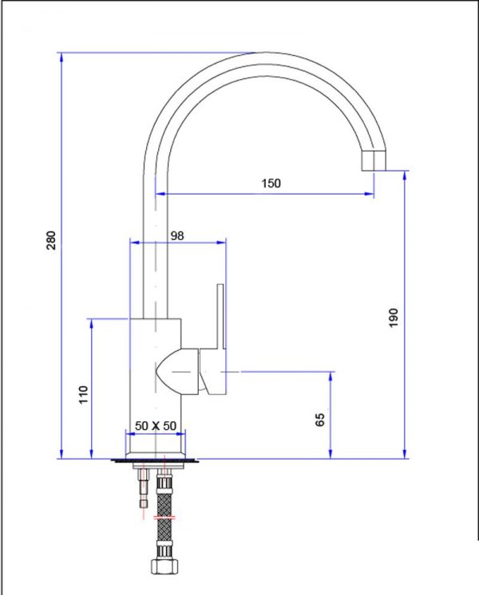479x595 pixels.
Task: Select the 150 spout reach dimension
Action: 271,183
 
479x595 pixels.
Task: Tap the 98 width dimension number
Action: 177,235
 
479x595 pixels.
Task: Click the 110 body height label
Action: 83,395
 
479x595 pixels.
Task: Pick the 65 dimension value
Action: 321,420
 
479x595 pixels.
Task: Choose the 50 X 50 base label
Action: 155,426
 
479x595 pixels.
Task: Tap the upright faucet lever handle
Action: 220,319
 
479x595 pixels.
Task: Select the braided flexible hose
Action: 165,510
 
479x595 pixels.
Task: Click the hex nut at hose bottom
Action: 164,568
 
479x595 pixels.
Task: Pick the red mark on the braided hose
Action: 165,518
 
